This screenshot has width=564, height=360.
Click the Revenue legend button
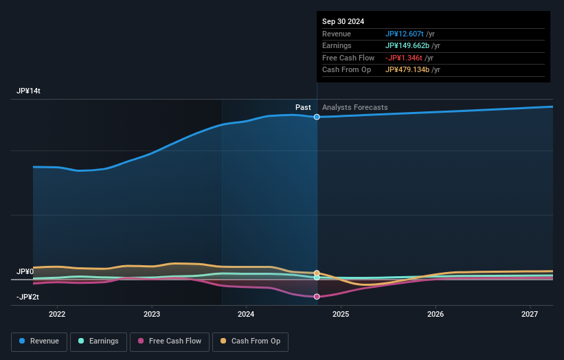pyautogui.click(x=39, y=341)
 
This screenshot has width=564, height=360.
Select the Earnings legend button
pyautogui.click(x=98, y=341)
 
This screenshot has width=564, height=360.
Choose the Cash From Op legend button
pyautogui.click(x=250, y=341)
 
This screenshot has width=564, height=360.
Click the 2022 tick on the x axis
pyautogui.click(x=57, y=314)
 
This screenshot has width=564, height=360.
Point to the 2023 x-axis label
pyautogui.click(x=152, y=314)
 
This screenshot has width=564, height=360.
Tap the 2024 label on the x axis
pyautogui.click(x=246, y=314)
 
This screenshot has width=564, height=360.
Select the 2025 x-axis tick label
pyautogui.click(x=341, y=314)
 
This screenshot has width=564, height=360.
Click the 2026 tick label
pyautogui.click(x=436, y=314)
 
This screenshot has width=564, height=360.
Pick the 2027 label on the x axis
pyautogui.click(x=530, y=314)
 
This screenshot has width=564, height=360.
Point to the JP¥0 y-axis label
pyautogui.click(x=25, y=271)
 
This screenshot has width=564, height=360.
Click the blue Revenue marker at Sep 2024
pyautogui.click(x=317, y=117)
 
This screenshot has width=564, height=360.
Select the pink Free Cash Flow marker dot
pyautogui.click(x=317, y=297)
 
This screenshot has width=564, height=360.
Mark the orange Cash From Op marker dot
pyautogui.click(x=317, y=273)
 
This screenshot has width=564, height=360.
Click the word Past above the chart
pyautogui.click(x=303, y=107)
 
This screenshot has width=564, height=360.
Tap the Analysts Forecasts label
pyautogui.click(x=354, y=107)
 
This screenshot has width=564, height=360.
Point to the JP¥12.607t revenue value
pyautogui.click(x=404, y=34)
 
